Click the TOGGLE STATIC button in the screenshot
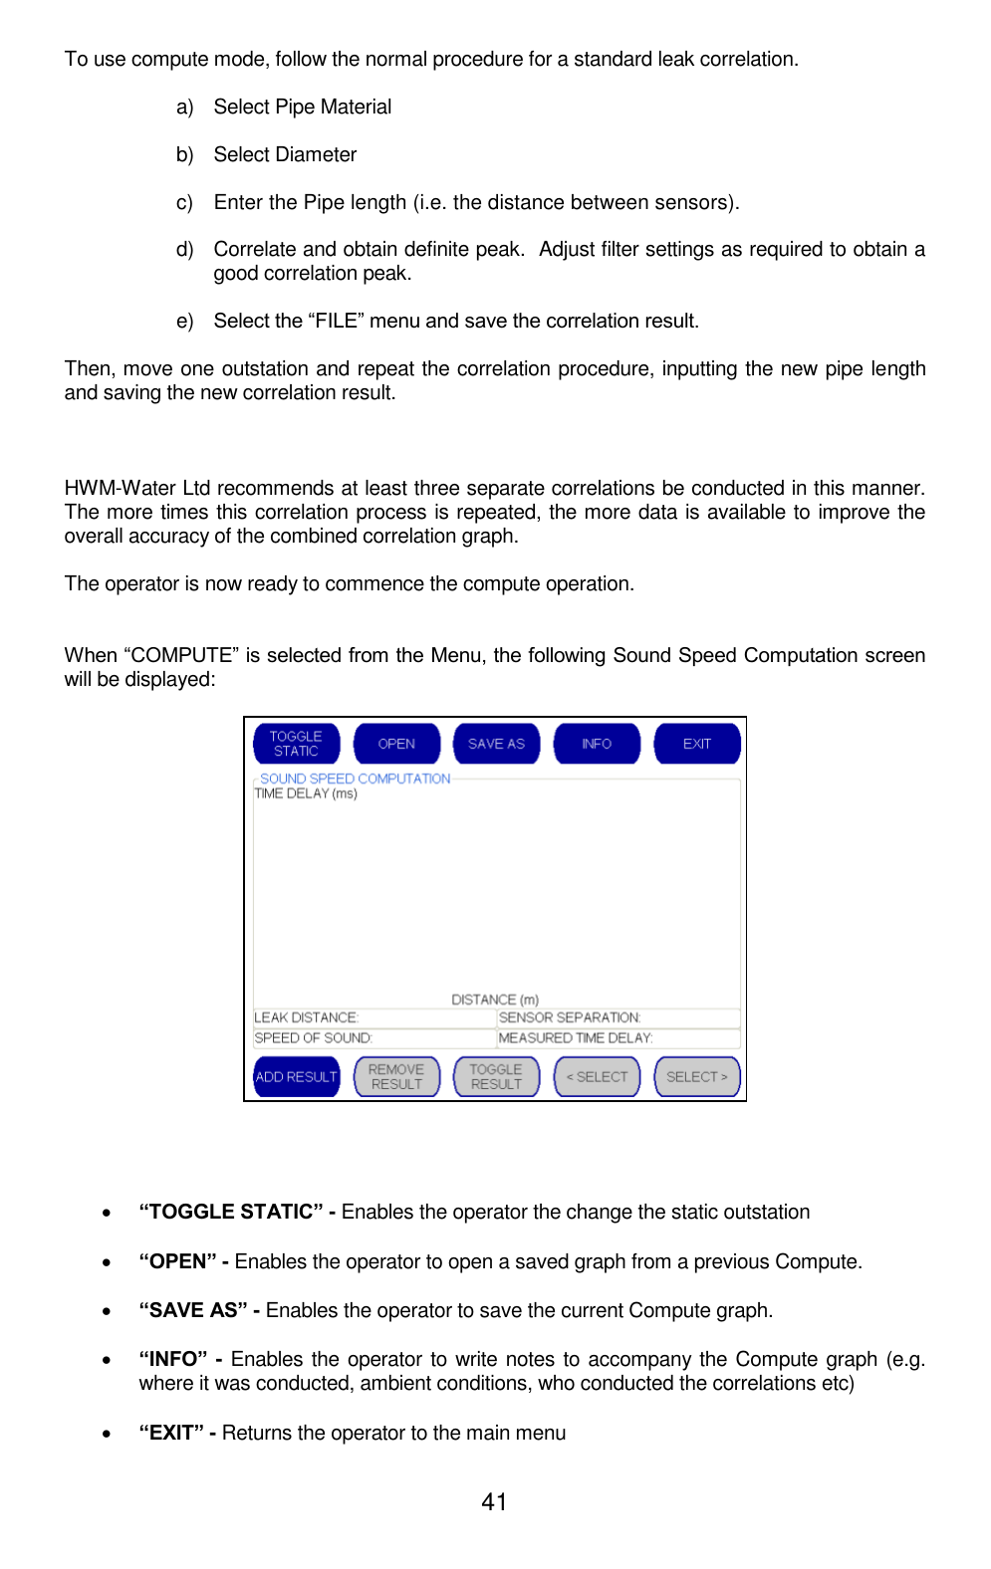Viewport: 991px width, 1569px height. [x=296, y=744]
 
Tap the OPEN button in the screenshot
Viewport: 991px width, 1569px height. [x=396, y=744]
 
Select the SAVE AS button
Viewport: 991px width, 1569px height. [x=496, y=744]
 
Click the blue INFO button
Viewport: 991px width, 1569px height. [x=597, y=744]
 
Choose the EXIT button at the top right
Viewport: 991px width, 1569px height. [x=696, y=744]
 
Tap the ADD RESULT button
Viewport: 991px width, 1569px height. [x=296, y=1077]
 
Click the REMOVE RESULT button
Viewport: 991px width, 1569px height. [x=396, y=1077]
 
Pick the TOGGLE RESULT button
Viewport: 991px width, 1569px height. [x=496, y=1077]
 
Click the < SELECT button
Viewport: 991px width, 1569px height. [x=597, y=1077]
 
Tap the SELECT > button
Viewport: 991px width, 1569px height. [x=696, y=1077]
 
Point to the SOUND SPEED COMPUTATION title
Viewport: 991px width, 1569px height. [x=355, y=779]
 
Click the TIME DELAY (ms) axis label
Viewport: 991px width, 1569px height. [x=306, y=793]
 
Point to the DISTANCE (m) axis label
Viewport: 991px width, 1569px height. [x=495, y=1000]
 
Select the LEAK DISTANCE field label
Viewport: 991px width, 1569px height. [x=306, y=1017]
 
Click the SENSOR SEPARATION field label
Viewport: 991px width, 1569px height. [x=570, y=1017]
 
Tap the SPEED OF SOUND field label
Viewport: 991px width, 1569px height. [x=313, y=1037]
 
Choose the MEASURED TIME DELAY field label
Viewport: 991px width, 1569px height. [x=576, y=1037]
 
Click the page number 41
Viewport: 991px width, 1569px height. [x=494, y=1502]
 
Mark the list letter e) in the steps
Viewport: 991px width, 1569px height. [x=184, y=322]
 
